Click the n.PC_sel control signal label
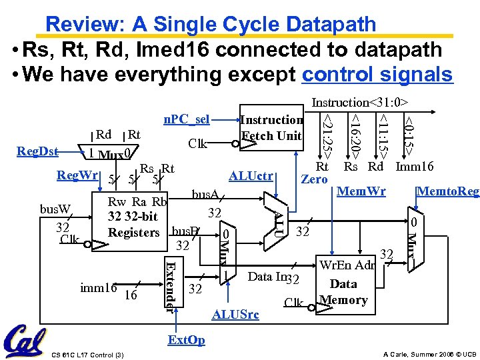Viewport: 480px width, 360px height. pyautogui.click(x=187, y=119)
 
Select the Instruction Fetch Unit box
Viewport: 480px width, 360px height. pyautogui.click(x=271, y=128)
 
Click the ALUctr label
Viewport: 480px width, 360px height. pyautogui.click(x=251, y=176)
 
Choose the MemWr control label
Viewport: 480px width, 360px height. pyautogui.click(x=361, y=191)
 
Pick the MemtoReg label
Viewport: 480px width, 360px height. pyautogui.click(x=447, y=191)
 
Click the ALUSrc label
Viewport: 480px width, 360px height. pyautogui.click(x=235, y=315)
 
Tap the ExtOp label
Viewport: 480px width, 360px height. pyautogui.click(x=187, y=340)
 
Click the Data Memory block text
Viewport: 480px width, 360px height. pyautogui.click(x=343, y=291)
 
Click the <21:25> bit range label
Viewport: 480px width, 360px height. pyautogui.click(x=327, y=131)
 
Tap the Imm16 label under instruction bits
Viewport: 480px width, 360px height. pyautogui.click(x=415, y=167)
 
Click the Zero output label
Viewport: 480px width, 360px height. pyautogui.click(x=314, y=179)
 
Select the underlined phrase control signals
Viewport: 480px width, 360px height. pyautogui.click(x=377, y=74)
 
